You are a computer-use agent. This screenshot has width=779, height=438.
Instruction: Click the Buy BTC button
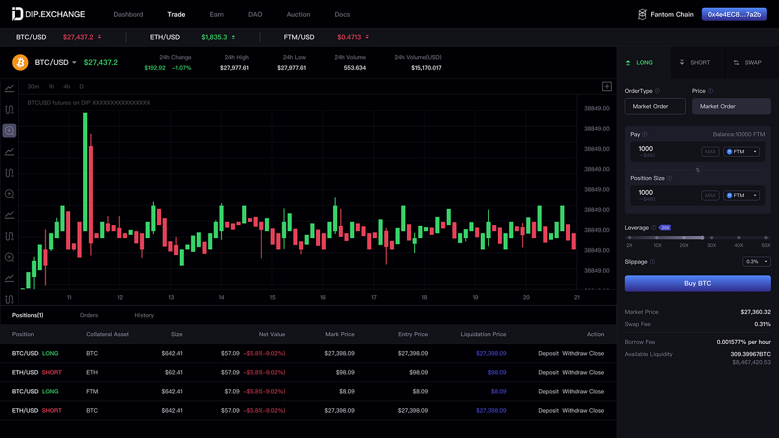(697, 284)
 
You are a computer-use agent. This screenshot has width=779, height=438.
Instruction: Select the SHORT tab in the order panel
(695, 63)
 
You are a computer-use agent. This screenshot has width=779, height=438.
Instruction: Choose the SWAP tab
(748, 63)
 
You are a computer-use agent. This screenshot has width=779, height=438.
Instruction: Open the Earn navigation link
(217, 14)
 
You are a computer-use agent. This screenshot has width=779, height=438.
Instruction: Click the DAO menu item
(255, 14)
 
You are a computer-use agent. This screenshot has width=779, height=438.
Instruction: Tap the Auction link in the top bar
(298, 14)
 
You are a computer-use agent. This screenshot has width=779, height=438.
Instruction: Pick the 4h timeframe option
(67, 86)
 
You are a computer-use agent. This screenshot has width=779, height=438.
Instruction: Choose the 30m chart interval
(33, 86)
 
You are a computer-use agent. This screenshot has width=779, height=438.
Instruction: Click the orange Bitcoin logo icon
(21, 62)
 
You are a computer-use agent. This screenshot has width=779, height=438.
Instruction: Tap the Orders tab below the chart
(89, 315)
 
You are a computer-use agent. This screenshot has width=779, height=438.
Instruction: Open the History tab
(144, 315)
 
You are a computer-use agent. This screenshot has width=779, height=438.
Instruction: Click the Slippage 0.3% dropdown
(756, 262)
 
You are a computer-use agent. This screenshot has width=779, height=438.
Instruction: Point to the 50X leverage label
(766, 245)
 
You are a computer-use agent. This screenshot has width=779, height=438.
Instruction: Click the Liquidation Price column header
(483, 334)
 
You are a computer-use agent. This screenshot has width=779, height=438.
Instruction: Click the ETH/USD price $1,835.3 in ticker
(215, 37)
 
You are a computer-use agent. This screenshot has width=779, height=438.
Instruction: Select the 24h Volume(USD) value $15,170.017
(426, 67)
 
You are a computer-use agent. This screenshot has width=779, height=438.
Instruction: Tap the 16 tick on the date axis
(323, 297)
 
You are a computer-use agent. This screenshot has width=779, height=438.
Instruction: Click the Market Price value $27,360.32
(755, 312)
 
